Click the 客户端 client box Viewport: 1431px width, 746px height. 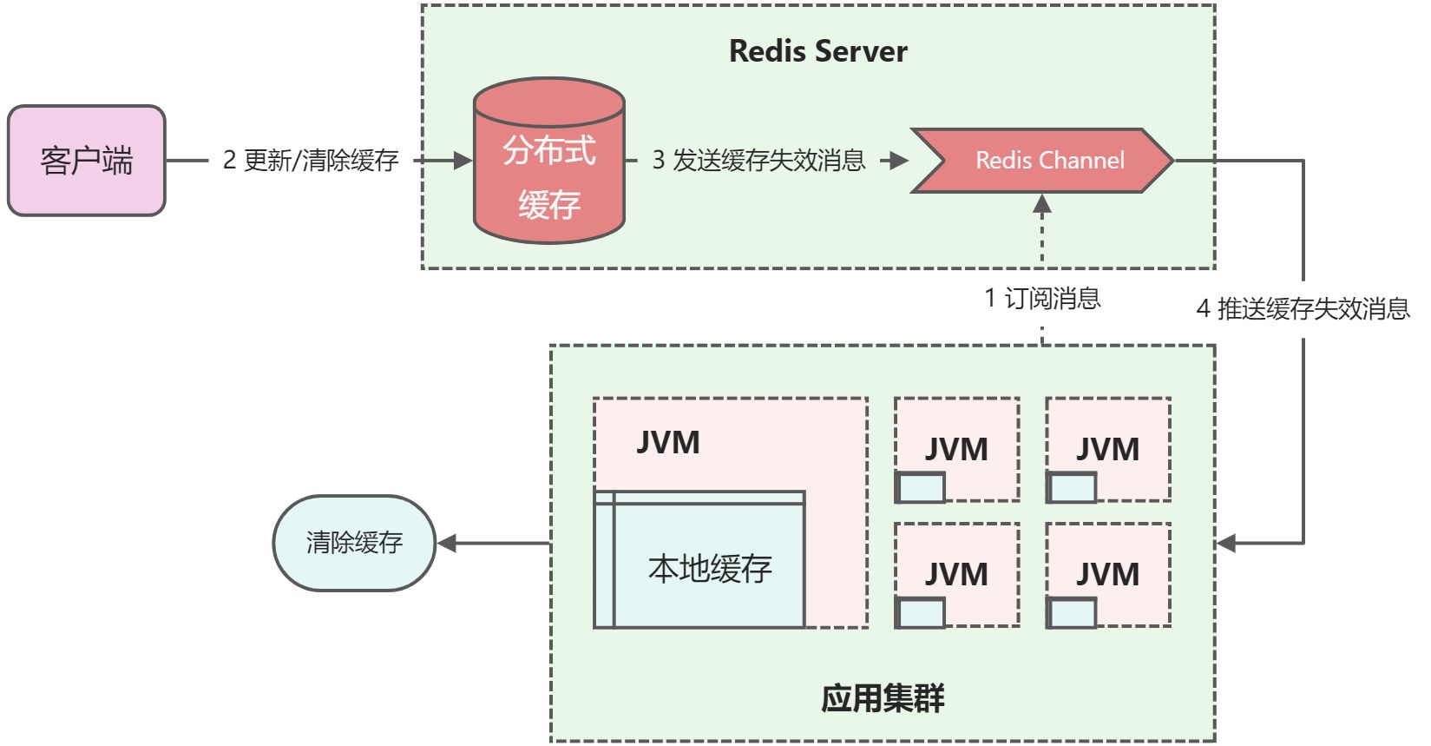(87, 161)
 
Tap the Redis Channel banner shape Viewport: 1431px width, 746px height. (1041, 161)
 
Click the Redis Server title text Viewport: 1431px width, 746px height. (817, 51)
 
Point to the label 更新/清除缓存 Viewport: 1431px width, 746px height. (321, 161)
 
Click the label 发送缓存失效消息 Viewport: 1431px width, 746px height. (769, 161)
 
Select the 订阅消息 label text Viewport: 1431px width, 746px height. (1053, 299)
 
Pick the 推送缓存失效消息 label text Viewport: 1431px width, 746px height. (1313, 309)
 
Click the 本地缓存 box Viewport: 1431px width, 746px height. (709, 568)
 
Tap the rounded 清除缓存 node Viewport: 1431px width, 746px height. (354, 543)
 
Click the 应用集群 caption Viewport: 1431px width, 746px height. (883, 698)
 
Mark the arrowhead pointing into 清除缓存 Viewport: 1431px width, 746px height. (447, 544)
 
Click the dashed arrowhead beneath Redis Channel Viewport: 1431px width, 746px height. (1042, 204)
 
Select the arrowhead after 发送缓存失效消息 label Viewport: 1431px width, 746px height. (899, 161)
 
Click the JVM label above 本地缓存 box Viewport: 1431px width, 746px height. (667, 443)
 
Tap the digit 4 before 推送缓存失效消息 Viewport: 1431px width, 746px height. (1203, 309)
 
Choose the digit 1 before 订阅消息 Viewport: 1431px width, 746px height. (990, 299)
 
